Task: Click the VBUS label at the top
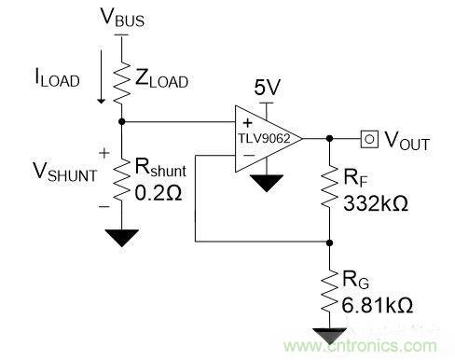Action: point(122,17)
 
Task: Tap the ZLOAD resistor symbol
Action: point(121,82)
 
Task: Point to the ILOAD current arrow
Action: point(101,76)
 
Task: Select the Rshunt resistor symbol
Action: point(121,179)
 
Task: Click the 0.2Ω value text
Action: point(159,193)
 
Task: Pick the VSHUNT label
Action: point(65,172)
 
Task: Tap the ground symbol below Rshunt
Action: point(122,238)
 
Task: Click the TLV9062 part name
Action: point(264,138)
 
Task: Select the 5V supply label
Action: point(267,88)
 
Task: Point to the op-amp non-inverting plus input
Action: point(248,123)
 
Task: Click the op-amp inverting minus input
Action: point(249,155)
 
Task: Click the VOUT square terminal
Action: point(369,139)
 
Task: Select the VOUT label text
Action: point(407,141)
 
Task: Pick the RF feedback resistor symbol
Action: point(329,187)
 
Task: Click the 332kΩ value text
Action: point(376,203)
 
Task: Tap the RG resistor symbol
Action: point(329,291)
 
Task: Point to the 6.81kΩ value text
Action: point(378,305)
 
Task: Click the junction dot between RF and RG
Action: point(330,242)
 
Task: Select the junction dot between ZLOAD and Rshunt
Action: point(122,121)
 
